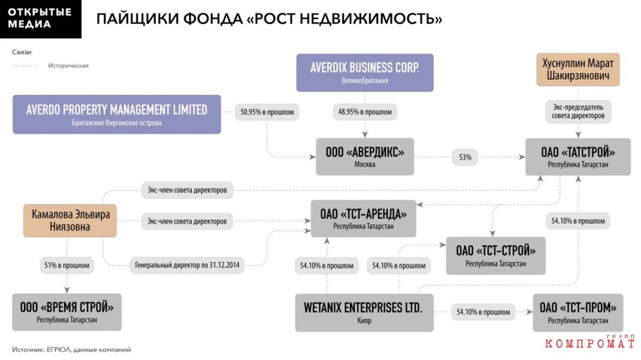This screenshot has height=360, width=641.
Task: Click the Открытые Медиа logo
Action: (41, 19)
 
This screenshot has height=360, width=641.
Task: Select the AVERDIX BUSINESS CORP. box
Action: (365, 72)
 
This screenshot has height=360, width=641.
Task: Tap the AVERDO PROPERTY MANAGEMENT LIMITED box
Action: (116, 114)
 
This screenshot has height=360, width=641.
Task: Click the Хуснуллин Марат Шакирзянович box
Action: (577, 69)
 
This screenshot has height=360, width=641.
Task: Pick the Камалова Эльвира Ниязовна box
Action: (70, 220)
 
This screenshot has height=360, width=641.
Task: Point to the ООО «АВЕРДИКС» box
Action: (365, 157)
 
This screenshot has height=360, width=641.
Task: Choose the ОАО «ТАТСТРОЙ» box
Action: (577, 157)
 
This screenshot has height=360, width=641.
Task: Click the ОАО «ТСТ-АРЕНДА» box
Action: (364, 219)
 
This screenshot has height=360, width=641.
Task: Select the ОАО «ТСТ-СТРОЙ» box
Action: (495, 256)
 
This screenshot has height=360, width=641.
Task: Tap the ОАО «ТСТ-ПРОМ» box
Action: (578, 313)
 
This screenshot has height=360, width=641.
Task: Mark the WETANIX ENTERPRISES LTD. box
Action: (364, 313)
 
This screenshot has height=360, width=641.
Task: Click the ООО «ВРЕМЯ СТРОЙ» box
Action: (66, 312)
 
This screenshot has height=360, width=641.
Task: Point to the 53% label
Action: (465, 158)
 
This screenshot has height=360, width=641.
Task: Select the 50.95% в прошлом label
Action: (267, 112)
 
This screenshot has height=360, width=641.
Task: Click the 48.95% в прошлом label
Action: (365, 112)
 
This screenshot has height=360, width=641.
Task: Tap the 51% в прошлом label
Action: (66, 265)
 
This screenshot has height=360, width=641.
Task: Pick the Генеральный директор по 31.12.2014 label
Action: (188, 265)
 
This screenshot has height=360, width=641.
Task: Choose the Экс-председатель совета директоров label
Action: (578, 111)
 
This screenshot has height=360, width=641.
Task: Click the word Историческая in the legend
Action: (68, 65)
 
